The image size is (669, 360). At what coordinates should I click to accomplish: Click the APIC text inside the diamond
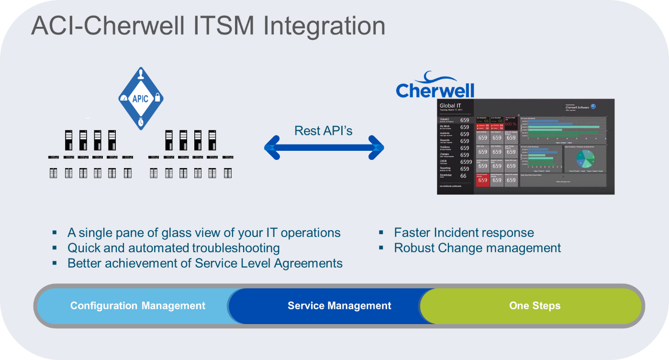point(141,99)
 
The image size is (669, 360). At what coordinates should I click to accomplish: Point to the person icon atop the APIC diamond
point(141,76)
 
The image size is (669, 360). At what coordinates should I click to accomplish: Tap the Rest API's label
point(323,130)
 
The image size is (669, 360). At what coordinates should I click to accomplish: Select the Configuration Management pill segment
point(138,306)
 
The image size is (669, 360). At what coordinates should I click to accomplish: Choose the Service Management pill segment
point(339,306)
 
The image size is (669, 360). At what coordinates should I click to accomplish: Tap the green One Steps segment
point(535,306)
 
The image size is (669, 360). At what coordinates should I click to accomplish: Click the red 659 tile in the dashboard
point(482,180)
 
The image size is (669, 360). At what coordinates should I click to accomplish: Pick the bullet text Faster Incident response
point(464,233)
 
